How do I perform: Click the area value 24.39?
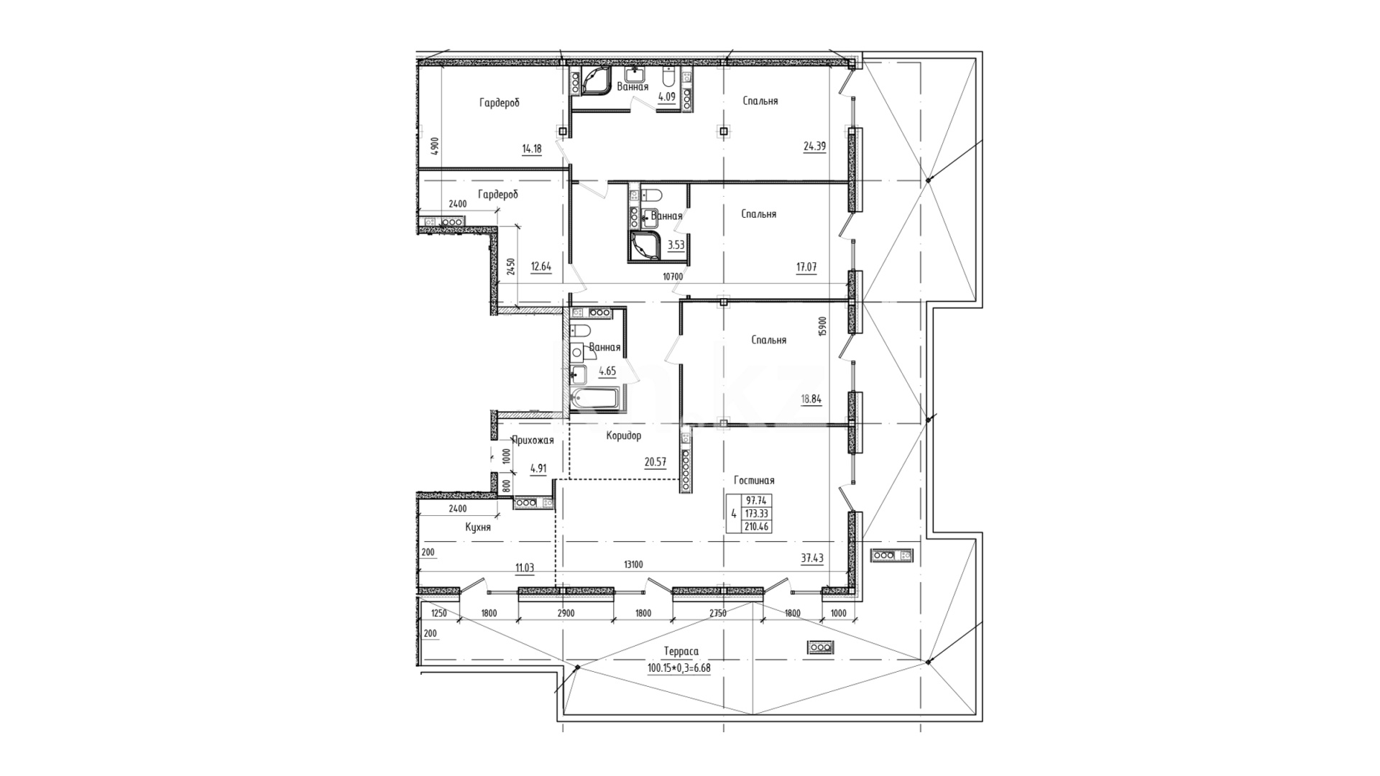click(x=814, y=147)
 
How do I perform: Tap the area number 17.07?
click(x=806, y=267)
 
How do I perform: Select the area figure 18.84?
click(x=811, y=399)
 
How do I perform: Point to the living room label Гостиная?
click(x=754, y=480)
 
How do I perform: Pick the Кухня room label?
click(x=478, y=527)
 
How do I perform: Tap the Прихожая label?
click(x=533, y=440)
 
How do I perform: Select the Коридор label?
click(x=623, y=435)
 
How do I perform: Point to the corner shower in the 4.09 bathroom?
click(x=597, y=82)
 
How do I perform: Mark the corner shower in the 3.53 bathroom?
click(x=645, y=245)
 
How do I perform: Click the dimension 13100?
click(x=633, y=565)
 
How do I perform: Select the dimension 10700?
click(x=673, y=276)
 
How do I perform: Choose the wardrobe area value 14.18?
click(x=532, y=149)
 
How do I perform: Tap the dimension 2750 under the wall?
click(x=718, y=613)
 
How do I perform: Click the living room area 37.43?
click(x=813, y=558)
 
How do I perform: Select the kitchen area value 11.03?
click(x=524, y=567)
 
